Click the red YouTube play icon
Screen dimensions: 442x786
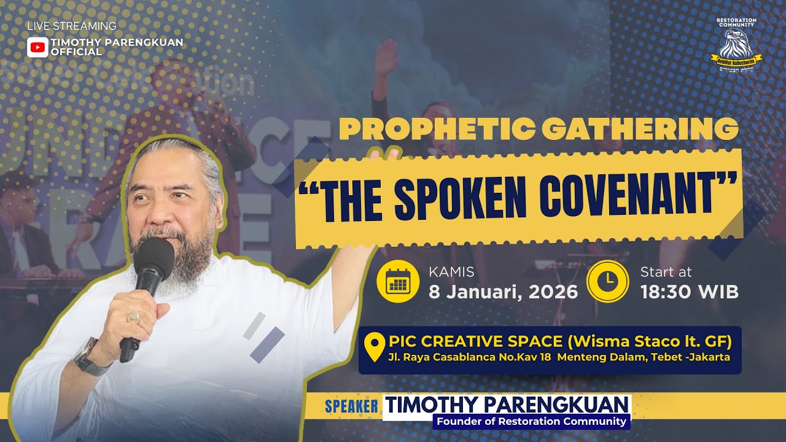click(37, 47)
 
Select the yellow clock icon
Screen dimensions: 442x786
click(608, 282)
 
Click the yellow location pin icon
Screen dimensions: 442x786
click(374, 347)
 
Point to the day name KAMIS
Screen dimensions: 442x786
click(451, 272)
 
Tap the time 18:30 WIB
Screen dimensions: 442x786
click(689, 292)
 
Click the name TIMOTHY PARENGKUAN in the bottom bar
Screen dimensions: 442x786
click(507, 405)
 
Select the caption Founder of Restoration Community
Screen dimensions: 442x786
click(531, 422)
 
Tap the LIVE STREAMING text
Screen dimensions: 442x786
click(72, 26)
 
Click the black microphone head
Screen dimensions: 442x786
click(154, 258)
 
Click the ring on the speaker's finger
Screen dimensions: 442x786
click(133, 317)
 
